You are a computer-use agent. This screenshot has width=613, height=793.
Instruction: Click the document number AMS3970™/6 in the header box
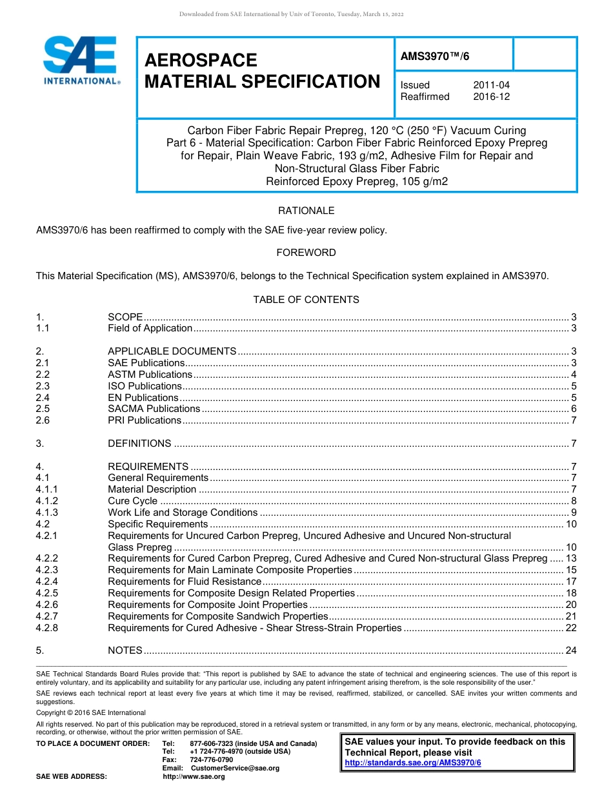click(435, 56)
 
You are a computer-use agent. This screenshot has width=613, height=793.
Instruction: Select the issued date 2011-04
click(491, 85)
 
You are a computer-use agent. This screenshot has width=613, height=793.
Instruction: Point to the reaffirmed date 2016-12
click(491, 97)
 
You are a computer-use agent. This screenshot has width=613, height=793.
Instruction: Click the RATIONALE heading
click(306, 211)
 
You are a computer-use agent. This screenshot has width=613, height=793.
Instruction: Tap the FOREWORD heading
click(306, 253)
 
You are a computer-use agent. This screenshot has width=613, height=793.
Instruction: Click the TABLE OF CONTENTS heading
click(306, 300)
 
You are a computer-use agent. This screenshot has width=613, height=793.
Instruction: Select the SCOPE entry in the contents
click(125, 317)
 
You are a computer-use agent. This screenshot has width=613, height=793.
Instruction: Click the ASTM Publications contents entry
click(150, 375)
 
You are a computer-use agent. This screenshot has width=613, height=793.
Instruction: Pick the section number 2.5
click(43, 409)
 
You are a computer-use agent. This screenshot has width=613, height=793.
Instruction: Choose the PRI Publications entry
click(145, 420)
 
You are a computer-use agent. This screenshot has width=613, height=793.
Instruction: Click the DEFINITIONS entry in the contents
click(139, 444)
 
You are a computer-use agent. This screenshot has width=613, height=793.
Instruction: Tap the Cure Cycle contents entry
click(132, 501)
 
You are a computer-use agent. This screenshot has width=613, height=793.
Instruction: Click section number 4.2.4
click(47, 582)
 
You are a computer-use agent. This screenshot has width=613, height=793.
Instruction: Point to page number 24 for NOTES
click(570, 650)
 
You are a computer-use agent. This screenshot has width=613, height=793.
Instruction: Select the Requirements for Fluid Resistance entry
click(185, 582)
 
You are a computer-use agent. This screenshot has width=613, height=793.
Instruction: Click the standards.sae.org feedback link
click(413, 763)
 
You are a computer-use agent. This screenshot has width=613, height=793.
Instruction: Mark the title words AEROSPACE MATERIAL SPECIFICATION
click(262, 71)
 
